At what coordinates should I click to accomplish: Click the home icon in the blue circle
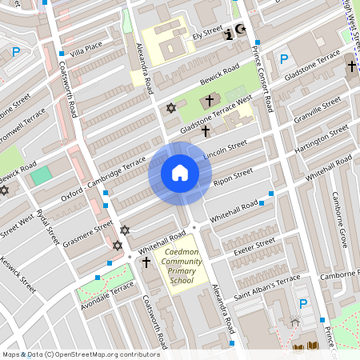[180, 172]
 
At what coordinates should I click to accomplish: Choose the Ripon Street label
[233, 177]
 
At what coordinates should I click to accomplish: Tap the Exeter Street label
[254, 246]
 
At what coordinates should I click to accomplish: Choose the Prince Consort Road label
[262, 77]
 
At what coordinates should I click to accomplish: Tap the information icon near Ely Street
[230, 34]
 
